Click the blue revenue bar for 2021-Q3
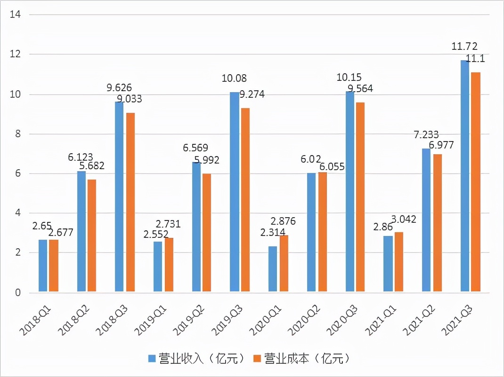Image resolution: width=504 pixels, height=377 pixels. pos(464,176)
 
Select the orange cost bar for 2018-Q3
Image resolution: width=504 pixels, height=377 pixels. pos(130,203)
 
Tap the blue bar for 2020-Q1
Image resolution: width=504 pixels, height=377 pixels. pos(273,269)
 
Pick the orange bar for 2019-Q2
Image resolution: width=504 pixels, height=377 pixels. pos(207,233)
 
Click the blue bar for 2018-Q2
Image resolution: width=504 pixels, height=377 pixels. pos(81,232)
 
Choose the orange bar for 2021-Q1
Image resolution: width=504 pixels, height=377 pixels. pos(398,262)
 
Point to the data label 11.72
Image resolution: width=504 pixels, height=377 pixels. pos(464,46)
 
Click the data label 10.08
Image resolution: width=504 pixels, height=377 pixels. pos(234,78)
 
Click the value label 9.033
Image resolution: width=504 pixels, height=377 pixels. pos(130,99)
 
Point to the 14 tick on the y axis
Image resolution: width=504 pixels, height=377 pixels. pos(16,15)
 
